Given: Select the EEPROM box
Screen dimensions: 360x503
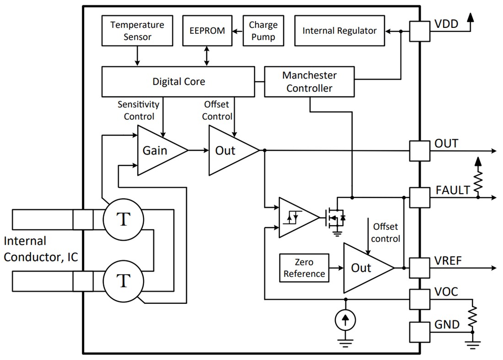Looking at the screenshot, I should click(x=207, y=31).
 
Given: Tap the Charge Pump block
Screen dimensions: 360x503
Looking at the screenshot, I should click(x=263, y=30).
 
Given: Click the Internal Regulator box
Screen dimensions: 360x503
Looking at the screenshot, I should click(x=339, y=31).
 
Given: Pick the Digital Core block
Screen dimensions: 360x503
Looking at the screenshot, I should click(x=178, y=81).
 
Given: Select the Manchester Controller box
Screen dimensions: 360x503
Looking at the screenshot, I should click(x=309, y=81).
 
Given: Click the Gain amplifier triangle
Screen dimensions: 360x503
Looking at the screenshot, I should click(x=158, y=150).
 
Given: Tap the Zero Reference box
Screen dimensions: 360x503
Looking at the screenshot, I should click(x=304, y=268).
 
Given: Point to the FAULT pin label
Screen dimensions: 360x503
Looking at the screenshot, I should click(x=452, y=190).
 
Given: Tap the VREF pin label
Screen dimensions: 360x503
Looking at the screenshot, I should click(x=448, y=261).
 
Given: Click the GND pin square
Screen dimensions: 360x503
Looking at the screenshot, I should click(x=419, y=332).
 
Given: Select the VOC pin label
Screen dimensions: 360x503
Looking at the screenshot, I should click(x=446, y=291).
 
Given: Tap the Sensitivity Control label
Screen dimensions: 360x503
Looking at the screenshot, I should click(x=139, y=110).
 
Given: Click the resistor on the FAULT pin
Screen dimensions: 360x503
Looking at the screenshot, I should click(x=478, y=181).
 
